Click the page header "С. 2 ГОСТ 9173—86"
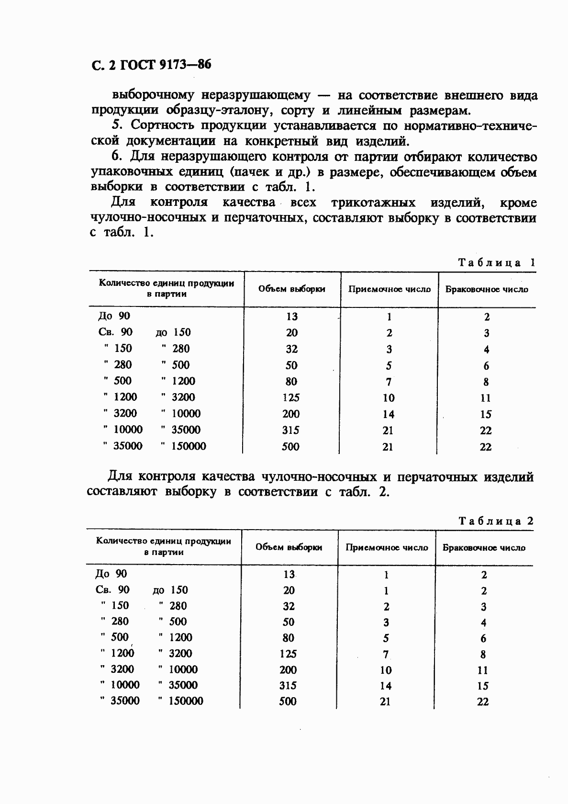pyautogui.click(x=151, y=65)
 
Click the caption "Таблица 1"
pyautogui.click(x=496, y=262)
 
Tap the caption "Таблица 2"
pyautogui.click(x=495, y=521)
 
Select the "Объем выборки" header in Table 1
pyautogui.click(x=291, y=289)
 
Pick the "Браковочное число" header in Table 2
pyautogui.click(x=484, y=547)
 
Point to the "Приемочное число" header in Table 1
pyautogui.click(x=389, y=289)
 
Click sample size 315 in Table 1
pyautogui.click(x=290, y=430)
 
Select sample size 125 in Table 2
pyautogui.click(x=288, y=654)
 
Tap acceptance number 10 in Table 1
pyautogui.click(x=389, y=397)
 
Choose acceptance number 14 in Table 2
pyautogui.click(x=386, y=686)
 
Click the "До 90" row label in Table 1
pyautogui.click(x=114, y=316)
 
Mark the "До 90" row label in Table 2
pyautogui.click(x=111, y=574)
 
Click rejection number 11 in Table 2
pyautogui.click(x=483, y=670)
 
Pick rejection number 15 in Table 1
pyautogui.click(x=486, y=414)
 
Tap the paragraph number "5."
pyautogui.click(x=117, y=125)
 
